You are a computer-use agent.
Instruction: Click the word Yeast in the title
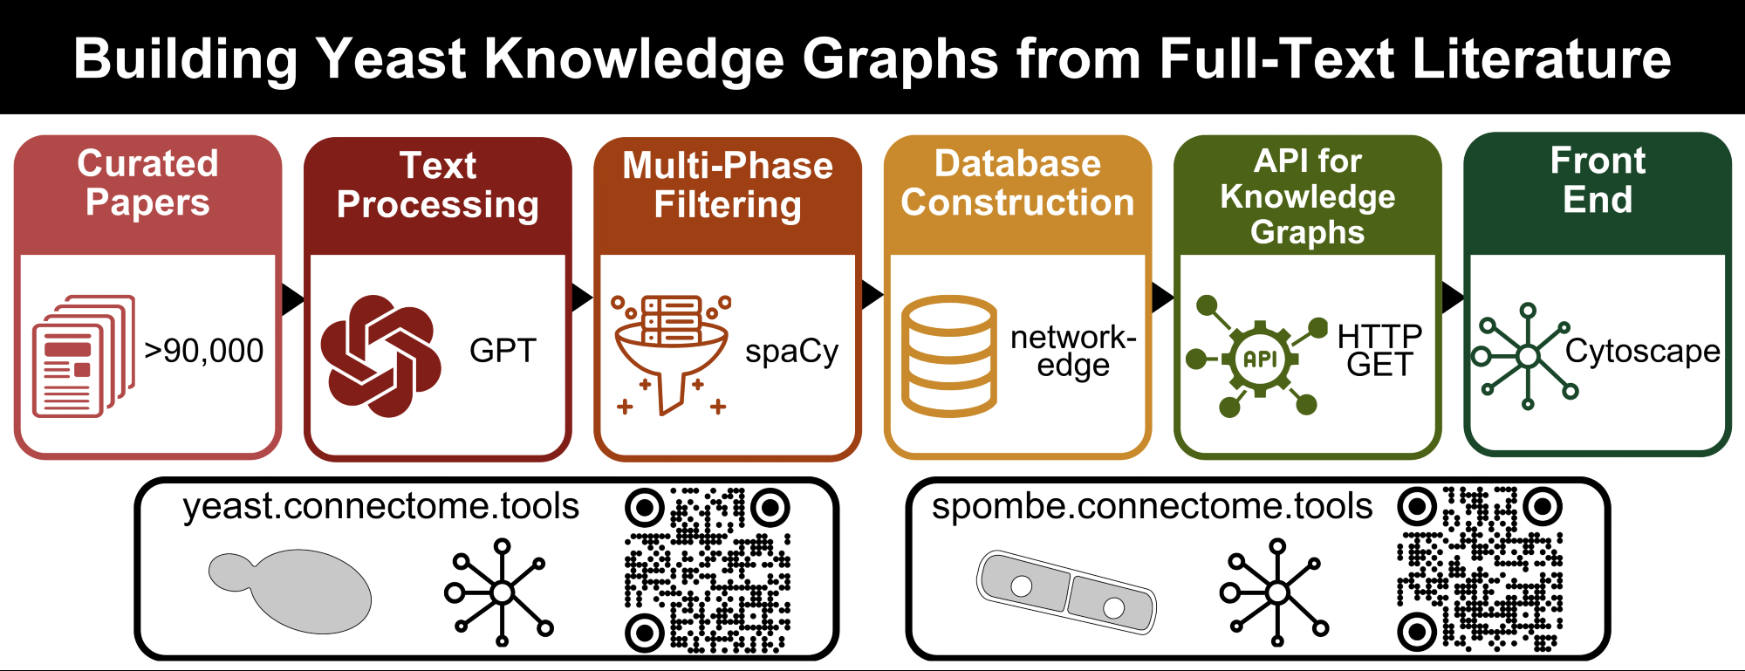pyautogui.click(x=390, y=59)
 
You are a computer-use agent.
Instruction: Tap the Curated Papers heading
pyautogui.click(x=147, y=182)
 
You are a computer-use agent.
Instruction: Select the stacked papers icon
pyautogui.click(x=83, y=356)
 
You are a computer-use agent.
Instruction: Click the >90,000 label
pyautogui.click(x=204, y=351)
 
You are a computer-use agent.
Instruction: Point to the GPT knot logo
pyautogui.click(x=380, y=355)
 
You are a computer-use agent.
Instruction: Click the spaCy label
pyautogui.click(x=791, y=351)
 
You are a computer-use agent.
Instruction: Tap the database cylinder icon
pyautogui.click(x=948, y=356)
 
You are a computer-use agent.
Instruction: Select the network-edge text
pyautogui.click(x=1073, y=351)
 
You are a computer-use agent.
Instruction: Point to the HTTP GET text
pyautogui.click(x=1379, y=350)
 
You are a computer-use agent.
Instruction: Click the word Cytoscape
pyautogui.click(x=1642, y=351)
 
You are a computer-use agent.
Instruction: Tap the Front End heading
pyautogui.click(x=1598, y=180)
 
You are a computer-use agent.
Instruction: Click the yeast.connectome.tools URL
pyautogui.click(x=381, y=506)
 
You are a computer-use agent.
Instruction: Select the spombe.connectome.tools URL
pyautogui.click(x=1152, y=506)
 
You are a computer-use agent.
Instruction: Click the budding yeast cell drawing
pyautogui.click(x=292, y=589)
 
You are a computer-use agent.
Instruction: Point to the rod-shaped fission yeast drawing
pyautogui.click(x=1065, y=591)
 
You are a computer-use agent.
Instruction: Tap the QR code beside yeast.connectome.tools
pyautogui.click(x=708, y=569)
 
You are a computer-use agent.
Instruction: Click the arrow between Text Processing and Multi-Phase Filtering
pyautogui.click(x=582, y=298)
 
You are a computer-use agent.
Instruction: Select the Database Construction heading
pyautogui.click(x=1017, y=183)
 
